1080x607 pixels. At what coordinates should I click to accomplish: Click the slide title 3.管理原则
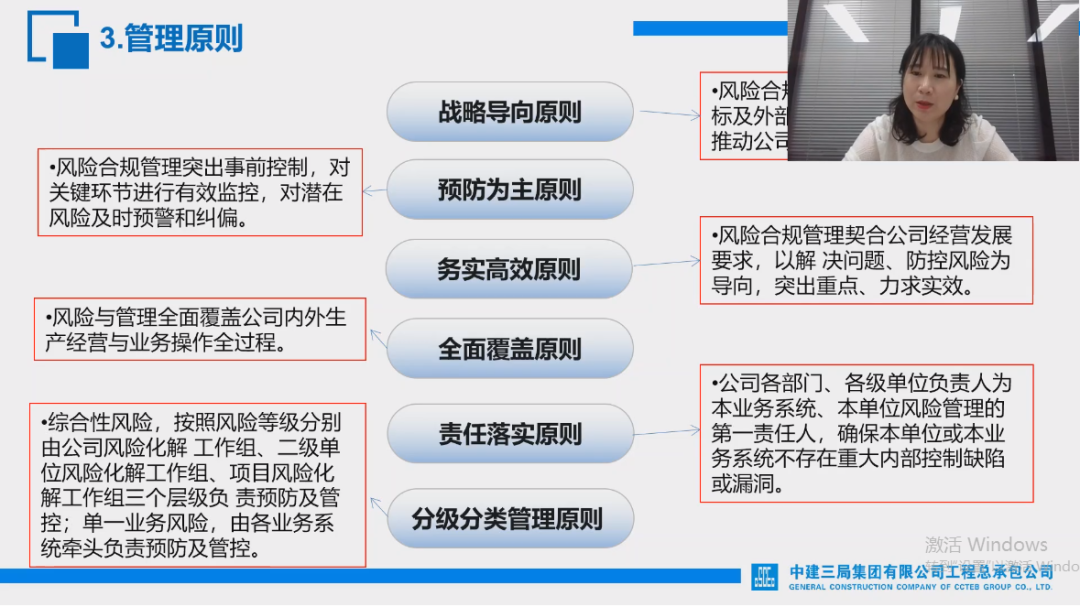click(171, 39)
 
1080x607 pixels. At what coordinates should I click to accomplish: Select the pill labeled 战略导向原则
click(510, 111)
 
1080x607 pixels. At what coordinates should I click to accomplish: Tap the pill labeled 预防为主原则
click(510, 190)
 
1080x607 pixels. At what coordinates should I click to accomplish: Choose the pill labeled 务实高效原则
click(510, 269)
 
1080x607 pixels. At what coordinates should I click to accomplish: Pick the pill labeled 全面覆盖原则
click(510, 349)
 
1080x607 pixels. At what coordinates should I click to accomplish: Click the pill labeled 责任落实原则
click(510, 434)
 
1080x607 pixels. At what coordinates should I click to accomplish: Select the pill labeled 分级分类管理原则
click(510, 519)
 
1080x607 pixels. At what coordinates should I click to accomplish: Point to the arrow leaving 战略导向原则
click(668, 114)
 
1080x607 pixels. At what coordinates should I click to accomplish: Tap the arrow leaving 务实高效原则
click(666, 264)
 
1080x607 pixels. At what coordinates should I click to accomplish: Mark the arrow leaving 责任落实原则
click(666, 431)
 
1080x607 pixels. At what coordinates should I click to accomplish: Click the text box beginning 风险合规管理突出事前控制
click(200, 192)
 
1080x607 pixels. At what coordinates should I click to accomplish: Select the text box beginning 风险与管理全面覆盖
click(200, 330)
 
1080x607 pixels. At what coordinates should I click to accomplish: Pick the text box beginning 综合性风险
click(198, 484)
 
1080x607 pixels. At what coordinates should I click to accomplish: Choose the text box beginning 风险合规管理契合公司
click(866, 260)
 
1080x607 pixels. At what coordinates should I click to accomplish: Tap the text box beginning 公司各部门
click(866, 433)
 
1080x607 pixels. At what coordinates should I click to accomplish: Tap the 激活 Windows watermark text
click(986, 545)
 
